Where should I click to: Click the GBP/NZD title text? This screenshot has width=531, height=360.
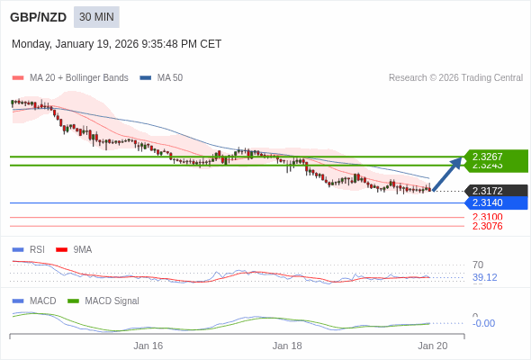click(x=37, y=17)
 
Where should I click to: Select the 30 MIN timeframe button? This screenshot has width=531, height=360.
click(x=96, y=17)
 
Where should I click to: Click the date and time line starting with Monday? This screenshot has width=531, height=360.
click(x=116, y=44)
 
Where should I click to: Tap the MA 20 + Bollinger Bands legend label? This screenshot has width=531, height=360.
click(x=78, y=78)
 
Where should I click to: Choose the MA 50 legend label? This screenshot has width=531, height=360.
click(x=169, y=78)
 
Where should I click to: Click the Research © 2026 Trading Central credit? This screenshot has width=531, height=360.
click(x=455, y=78)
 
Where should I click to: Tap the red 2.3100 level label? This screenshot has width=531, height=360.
click(x=487, y=217)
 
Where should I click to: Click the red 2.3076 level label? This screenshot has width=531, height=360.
click(x=487, y=226)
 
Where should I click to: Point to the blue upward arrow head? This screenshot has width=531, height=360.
click(x=456, y=162)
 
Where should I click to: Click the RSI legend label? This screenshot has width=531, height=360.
click(x=37, y=249)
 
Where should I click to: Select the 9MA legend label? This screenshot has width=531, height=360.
click(x=82, y=249)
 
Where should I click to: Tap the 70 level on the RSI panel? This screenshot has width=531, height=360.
click(x=478, y=265)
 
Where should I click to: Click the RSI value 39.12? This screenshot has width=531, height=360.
click(x=484, y=277)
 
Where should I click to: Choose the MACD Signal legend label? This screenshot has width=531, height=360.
click(x=112, y=301)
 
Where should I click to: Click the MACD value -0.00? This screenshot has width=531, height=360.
click(x=483, y=323)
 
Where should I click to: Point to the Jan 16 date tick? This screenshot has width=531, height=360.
click(x=148, y=346)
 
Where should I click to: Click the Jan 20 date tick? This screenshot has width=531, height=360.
click(x=432, y=346)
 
